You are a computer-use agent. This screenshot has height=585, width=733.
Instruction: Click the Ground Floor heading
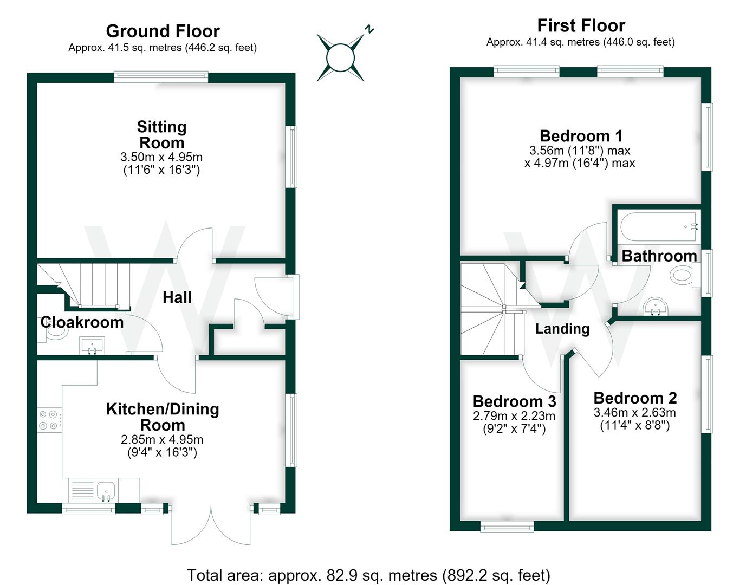(163, 31)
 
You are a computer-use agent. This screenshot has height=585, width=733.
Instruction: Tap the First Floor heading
(581, 25)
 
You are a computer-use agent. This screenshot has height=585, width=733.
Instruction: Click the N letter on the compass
(369, 29)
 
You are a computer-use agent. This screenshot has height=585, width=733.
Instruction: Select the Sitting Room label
(162, 135)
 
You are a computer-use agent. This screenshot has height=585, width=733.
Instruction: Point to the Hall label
(177, 297)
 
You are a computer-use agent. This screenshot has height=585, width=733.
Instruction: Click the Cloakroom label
(82, 322)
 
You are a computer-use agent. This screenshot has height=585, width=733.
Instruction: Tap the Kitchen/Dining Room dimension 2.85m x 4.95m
(162, 440)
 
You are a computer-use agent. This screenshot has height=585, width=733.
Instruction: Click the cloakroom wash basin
(92, 346)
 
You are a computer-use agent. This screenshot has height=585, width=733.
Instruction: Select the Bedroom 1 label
(581, 136)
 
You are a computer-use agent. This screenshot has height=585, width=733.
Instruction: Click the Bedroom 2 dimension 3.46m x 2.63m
(634, 412)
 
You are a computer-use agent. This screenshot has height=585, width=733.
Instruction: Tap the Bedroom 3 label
(514, 401)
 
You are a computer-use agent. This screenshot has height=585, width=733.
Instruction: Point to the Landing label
(562, 329)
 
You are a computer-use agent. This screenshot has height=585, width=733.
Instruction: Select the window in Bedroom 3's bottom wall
(507, 528)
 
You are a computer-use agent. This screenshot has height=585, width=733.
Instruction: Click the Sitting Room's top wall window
(161, 76)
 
